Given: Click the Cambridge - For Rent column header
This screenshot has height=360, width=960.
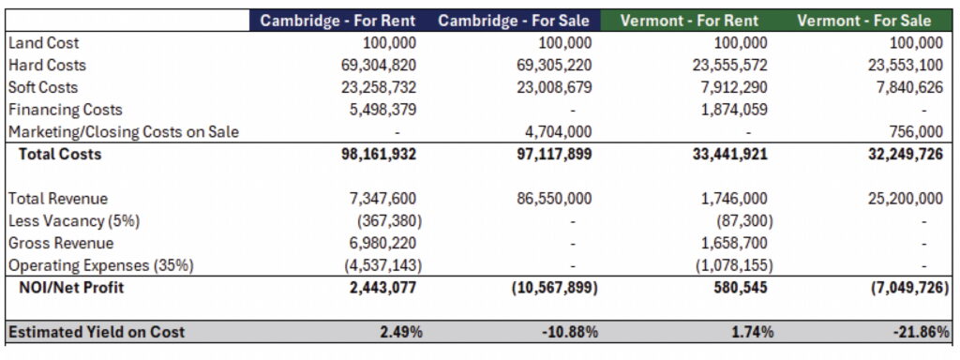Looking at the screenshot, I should click(x=337, y=21).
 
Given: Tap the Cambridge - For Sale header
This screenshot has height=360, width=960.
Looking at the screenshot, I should click(x=515, y=21).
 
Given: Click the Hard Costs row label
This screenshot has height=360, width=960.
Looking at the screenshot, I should click(x=47, y=65).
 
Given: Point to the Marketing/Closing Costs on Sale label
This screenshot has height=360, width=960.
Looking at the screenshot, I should click(x=123, y=132).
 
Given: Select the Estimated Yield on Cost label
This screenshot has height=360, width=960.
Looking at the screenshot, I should click(x=97, y=332).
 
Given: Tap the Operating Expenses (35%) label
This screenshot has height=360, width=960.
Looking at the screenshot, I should click(x=100, y=265).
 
